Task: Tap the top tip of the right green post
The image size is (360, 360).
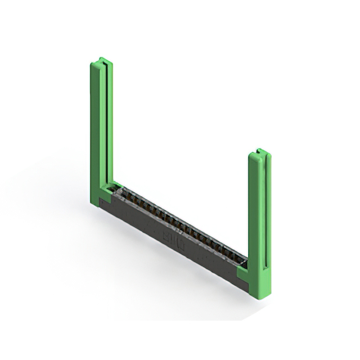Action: [x=259, y=151]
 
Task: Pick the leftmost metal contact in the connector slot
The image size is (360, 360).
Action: [x=119, y=193]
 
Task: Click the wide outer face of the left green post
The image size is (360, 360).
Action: [x=95, y=129]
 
